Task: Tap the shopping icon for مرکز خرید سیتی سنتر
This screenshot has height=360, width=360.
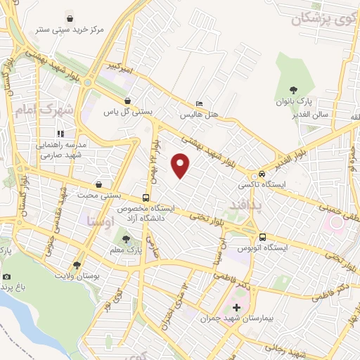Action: pyautogui.click(x=70, y=18)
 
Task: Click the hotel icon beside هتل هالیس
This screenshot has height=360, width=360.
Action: pyautogui.click(x=199, y=103)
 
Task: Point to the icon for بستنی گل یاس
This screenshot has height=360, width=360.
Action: pyautogui.click(x=127, y=101)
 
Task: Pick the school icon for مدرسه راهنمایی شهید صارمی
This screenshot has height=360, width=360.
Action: pyautogui.click(x=61, y=133)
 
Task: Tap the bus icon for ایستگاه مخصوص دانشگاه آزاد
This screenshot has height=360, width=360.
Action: pyautogui.click(x=146, y=198)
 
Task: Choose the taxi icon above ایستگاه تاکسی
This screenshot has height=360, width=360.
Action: pyautogui.click(x=262, y=174)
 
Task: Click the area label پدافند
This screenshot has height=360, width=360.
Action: pyautogui.click(x=245, y=204)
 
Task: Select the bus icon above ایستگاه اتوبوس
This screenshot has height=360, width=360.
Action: pyautogui.click(x=262, y=237)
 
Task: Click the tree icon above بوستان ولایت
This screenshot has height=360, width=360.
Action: pyautogui.click(x=77, y=264)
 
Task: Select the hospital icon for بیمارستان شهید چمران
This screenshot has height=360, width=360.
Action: pyautogui.click(x=236, y=307)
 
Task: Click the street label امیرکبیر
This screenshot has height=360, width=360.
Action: pyautogui.click(x=103, y=69)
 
